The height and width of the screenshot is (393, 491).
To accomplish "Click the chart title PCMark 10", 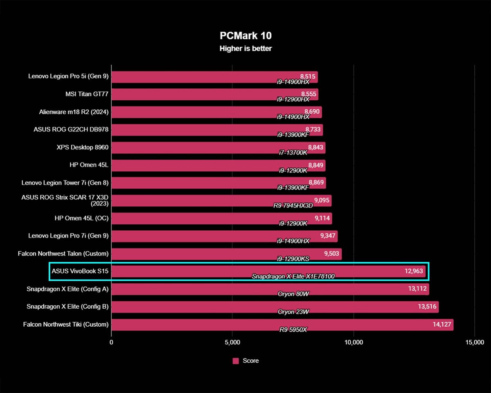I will [x=245, y=36].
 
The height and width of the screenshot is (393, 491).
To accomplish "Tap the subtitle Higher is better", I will [x=245, y=49].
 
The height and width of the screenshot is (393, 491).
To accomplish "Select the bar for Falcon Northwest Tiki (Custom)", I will [x=282, y=325].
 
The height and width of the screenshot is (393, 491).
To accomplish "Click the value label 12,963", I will [x=412, y=271].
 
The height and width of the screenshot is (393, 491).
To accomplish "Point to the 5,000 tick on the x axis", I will [x=232, y=343].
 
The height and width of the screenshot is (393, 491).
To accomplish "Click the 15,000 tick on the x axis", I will [x=474, y=343].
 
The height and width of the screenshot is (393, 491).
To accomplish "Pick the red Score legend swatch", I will [x=236, y=361].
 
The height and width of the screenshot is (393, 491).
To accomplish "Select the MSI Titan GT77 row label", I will [x=87, y=94].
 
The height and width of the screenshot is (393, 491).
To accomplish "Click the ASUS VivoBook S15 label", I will [x=80, y=271].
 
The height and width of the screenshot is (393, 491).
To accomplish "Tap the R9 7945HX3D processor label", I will [x=293, y=206].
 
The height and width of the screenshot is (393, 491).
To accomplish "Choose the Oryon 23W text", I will [x=293, y=312].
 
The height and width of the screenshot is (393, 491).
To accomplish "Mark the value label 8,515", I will [x=308, y=76].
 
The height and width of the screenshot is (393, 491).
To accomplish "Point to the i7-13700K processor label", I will [x=293, y=152].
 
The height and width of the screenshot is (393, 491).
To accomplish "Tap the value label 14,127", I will [x=439, y=324].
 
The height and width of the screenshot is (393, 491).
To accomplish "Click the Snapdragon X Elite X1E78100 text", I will [x=293, y=276].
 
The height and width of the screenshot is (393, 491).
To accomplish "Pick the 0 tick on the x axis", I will [x=111, y=343].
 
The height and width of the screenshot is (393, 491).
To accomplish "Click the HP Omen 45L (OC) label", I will [x=81, y=218].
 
